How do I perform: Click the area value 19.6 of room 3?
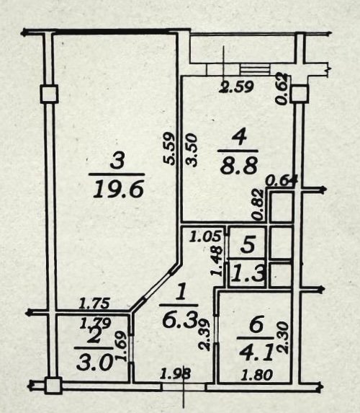118,190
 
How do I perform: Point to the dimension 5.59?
168,148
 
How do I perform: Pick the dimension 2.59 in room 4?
237,87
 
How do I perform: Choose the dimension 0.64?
282,180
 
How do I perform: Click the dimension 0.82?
258,205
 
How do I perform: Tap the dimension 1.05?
205,236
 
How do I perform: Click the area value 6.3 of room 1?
180,320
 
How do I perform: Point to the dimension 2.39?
204,334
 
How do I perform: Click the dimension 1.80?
257,375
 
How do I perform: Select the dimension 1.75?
94,303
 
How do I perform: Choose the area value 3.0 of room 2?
95,363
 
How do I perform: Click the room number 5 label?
248,244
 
